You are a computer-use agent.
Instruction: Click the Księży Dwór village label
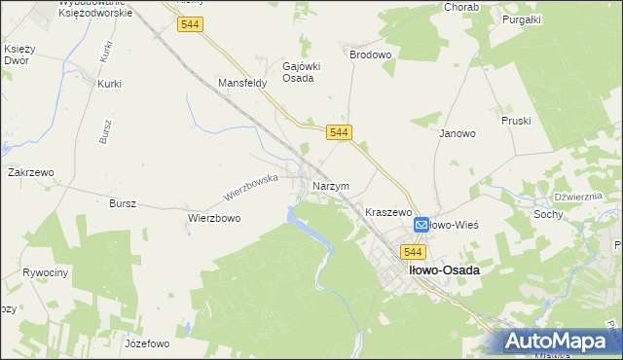pyautogui.click(x=19, y=54)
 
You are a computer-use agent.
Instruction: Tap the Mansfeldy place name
pyautogui.click(x=242, y=84)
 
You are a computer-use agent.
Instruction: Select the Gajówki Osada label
pyautogui.click(x=297, y=72)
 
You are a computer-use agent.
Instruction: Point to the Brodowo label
pyautogui.click(x=370, y=55)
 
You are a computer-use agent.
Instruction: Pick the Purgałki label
pyautogui.click(x=522, y=18)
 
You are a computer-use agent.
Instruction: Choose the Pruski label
pyautogui.click(x=515, y=122)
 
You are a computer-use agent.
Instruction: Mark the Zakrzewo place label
pyautogui.click(x=30, y=171)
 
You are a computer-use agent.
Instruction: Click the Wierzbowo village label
pyautogui.click(x=214, y=219)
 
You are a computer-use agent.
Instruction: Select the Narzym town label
pyautogui.click(x=331, y=186)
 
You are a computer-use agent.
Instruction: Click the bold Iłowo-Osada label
pyautogui.click(x=444, y=270)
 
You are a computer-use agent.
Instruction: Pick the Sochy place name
pyautogui.click(x=547, y=213)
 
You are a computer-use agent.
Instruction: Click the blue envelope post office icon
pyautogui.click(x=421, y=225)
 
